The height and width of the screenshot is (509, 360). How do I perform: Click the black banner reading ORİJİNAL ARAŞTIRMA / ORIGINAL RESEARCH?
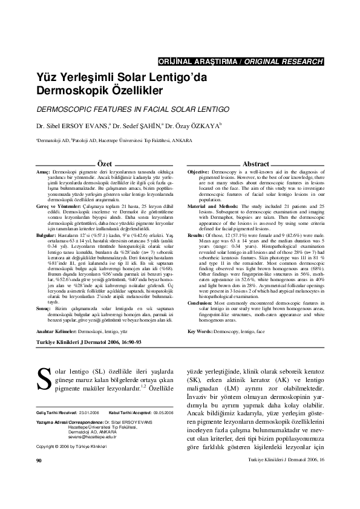tap(240, 62)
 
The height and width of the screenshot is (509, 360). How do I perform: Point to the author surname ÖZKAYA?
tap(205, 127)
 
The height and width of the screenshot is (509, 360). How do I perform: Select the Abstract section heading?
tap(255, 164)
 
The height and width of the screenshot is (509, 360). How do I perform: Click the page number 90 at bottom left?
tap(39, 494)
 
